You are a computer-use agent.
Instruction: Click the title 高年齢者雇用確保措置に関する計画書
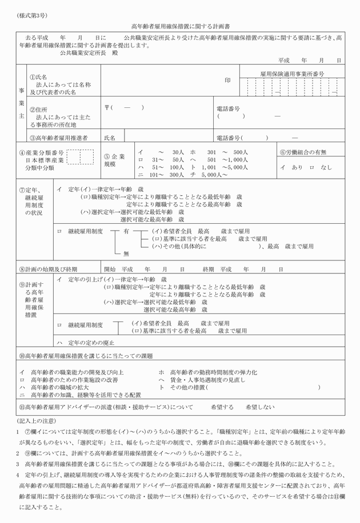click(x=179, y=26)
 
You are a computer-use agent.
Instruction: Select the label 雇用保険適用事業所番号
click(x=291, y=74)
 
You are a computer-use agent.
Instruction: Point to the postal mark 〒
click(x=107, y=107)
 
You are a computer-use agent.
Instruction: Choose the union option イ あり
click(x=291, y=168)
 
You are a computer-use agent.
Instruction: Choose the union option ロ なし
click(x=320, y=168)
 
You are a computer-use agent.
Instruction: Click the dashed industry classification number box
click(x=80, y=156)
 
